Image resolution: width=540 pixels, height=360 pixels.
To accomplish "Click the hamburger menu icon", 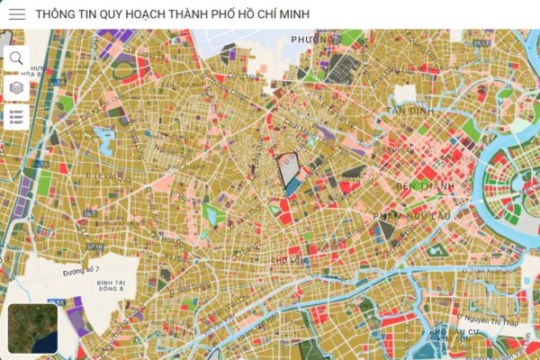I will [17, 14].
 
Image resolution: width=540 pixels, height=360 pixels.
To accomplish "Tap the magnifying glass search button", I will [16, 58].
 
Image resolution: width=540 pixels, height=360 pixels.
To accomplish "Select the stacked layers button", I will [16, 88].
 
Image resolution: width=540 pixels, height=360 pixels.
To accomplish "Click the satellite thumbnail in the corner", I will [33, 328].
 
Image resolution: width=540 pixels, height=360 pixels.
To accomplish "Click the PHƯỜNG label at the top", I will [312, 40].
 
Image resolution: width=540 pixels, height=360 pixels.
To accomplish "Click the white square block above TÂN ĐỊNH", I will [405, 93].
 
